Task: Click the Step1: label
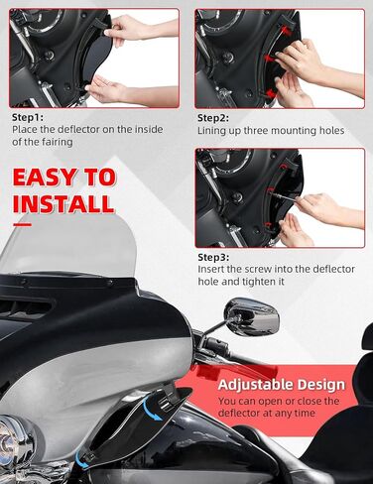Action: click(28, 117)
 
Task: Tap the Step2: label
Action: click(213, 118)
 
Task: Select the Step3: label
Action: click(213, 257)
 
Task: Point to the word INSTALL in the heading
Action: click(63, 204)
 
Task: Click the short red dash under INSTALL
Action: click(23, 225)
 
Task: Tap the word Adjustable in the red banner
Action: click(255, 385)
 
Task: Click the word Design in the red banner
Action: click(320, 385)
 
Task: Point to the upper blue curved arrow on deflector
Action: click(152, 409)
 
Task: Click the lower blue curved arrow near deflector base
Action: click(81, 460)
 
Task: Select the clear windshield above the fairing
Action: click(67, 246)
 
